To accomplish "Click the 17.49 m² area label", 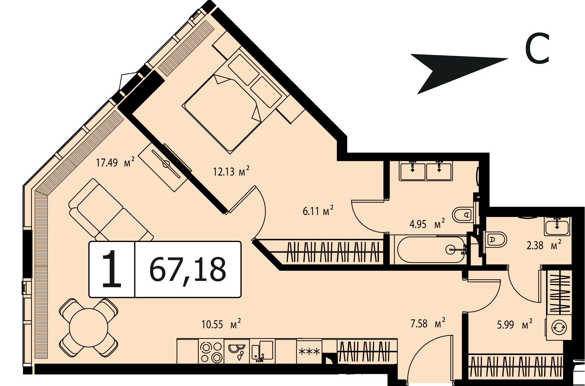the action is pos(115,162).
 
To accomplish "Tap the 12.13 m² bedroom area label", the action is pos(231,171).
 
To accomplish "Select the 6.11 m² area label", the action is pos(318,211).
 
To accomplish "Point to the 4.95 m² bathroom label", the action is pos(427,224).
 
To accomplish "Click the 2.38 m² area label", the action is pos(544,245).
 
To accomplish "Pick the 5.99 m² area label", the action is pos(515,324).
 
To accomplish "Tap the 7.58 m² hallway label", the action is pos(428,323).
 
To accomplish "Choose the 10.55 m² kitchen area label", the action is pos(221,324).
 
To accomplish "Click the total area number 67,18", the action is pos(188,270).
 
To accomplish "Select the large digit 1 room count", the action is pos(111,269).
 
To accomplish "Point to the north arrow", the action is pos(459,74).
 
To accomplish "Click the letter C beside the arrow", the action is pos(537,49).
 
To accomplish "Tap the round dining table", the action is pos(88,327).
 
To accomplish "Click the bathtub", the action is pos(431,250).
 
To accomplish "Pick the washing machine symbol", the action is pos(559,328).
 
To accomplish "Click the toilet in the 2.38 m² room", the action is pos(495,240).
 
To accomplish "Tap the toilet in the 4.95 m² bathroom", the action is pos(463,215).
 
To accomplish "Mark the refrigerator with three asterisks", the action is pos(309,352).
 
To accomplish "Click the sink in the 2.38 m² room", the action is pos(557,226).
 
